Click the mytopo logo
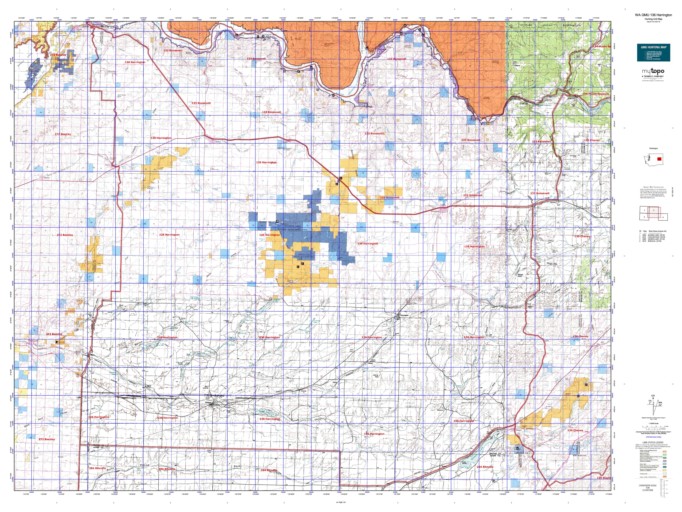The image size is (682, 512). [653, 71]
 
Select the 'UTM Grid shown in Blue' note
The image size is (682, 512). [653, 437]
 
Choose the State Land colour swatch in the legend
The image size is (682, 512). [665, 464]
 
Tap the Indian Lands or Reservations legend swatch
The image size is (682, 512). [665, 477]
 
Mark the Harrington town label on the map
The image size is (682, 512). [404, 315]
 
